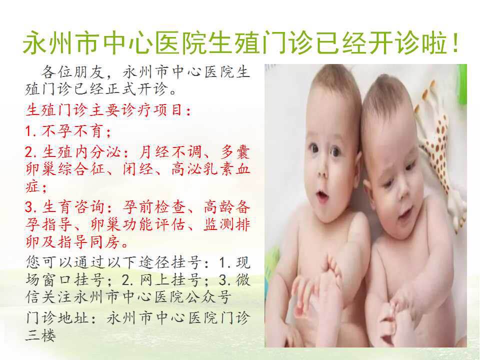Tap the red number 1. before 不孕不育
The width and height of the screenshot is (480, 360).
click(x=30, y=131)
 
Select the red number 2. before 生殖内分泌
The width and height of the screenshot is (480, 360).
click(x=31, y=152)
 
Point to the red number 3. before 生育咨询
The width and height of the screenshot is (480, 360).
click(x=31, y=207)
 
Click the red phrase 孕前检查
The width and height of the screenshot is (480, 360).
click(x=154, y=207)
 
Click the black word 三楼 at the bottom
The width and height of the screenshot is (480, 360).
click(x=41, y=336)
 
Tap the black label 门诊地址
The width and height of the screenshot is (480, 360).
click(x=57, y=318)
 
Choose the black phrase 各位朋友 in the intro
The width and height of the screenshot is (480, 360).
click(x=72, y=72)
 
